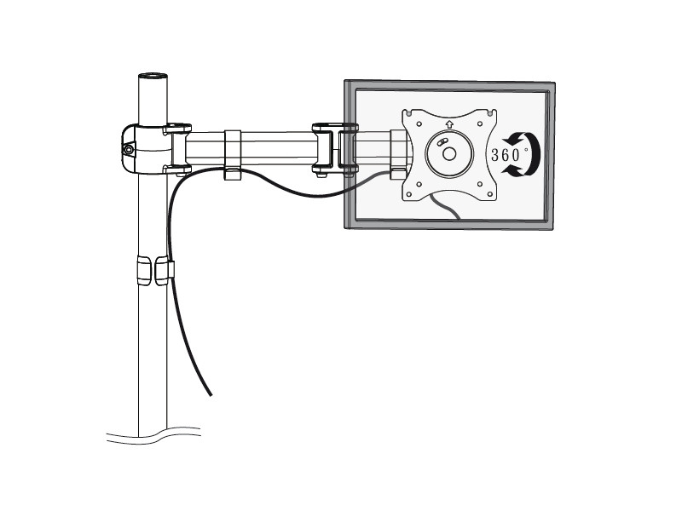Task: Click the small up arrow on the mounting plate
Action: pos(448,123)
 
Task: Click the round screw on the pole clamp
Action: pos(129,150)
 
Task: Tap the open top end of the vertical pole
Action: pos(153,77)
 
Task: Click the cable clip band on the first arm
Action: pos(232,153)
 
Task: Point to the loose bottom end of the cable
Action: pos(209,393)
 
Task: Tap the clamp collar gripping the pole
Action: pos(145,149)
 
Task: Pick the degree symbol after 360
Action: pos(526,149)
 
